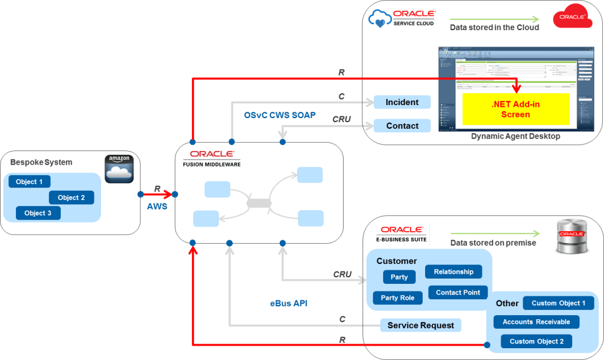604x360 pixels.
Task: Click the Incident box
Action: coord(402,103)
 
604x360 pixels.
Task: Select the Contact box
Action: coord(402,126)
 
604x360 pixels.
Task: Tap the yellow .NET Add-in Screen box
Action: coord(515,109)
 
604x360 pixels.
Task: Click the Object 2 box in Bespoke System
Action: coord(71,198)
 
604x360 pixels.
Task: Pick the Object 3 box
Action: coord(38,213)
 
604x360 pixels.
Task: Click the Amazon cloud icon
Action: coord(119,169)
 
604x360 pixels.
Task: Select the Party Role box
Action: coord(397,298)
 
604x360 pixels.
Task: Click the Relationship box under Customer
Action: coord(453,272)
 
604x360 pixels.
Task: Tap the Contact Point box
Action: coord(458,293)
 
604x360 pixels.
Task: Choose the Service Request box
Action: coord(420,325)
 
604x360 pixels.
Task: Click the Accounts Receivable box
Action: coord(536,322)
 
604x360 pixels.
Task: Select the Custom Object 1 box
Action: coord(559,303)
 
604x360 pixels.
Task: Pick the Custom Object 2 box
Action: coord(536,342)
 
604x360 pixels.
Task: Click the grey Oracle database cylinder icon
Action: coord(572,238)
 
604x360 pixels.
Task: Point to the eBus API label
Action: coord(289,303)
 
